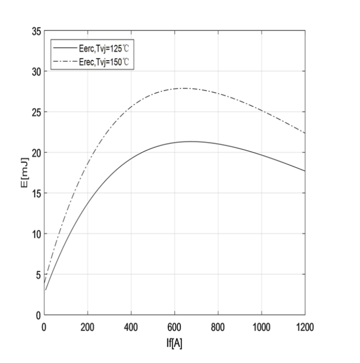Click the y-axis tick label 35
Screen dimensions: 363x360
click(36, 31)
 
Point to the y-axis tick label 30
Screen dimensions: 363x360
click(36, 72)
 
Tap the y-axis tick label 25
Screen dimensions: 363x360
click(36, 112)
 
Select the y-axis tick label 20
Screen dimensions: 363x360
click(36, 152)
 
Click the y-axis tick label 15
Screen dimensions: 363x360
click(36, 193)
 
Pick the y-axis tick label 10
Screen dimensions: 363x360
click(36, 234)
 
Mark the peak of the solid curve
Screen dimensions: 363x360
click(191, 141)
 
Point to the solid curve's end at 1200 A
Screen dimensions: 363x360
click(305, 171)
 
